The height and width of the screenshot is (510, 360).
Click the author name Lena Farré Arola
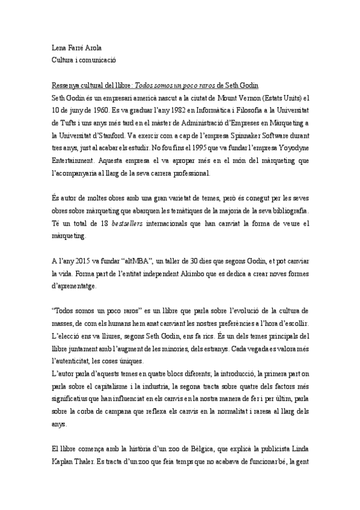[x=75, y=48]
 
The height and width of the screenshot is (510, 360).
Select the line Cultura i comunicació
[x=83, y=60]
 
